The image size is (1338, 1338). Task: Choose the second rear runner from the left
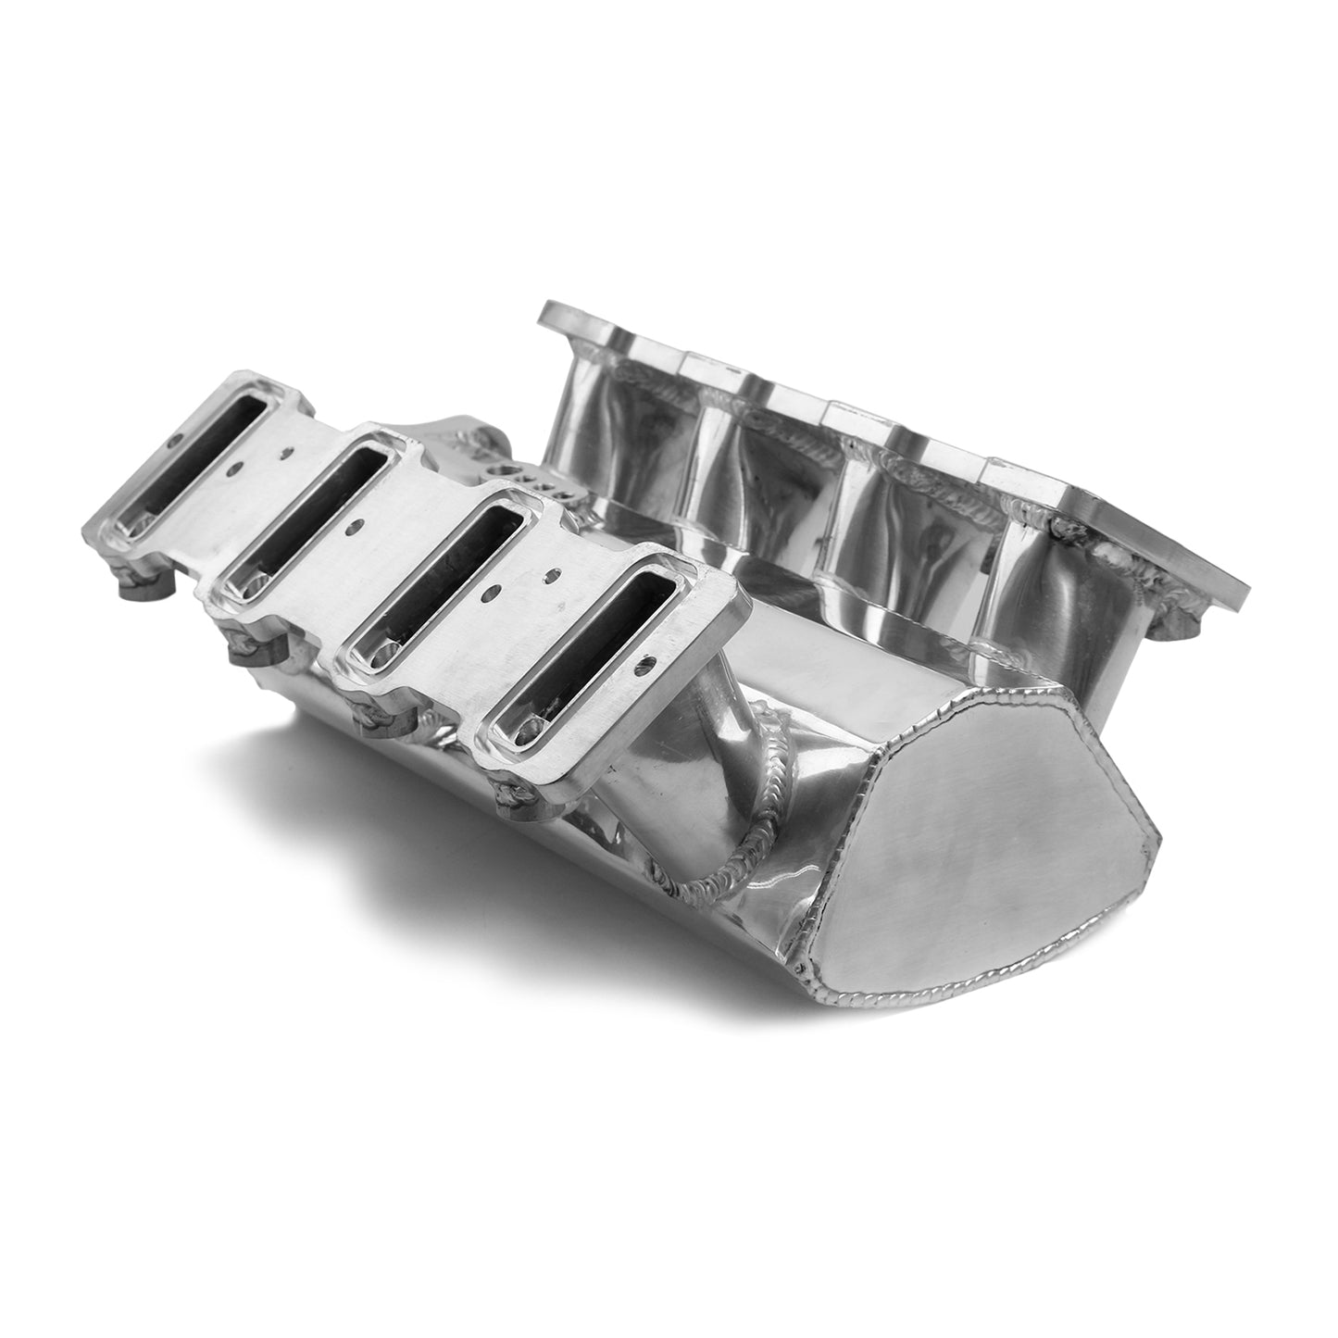[741, 463]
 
